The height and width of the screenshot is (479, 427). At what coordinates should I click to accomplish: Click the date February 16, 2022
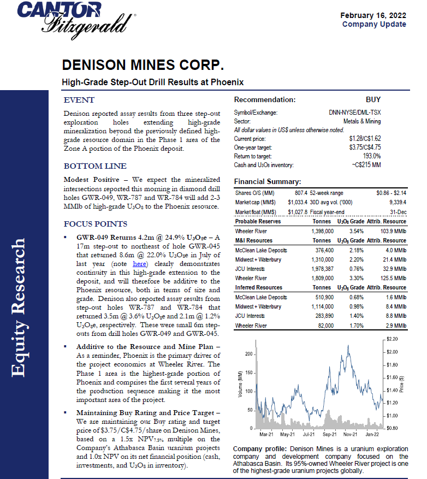point(373,15)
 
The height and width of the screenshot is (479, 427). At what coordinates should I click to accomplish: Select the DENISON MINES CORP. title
point(143,66)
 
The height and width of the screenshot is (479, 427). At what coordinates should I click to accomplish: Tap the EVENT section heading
point(79,100)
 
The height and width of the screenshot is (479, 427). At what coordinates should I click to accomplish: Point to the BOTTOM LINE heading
point(95,166)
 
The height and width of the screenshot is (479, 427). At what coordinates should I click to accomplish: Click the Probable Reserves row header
point(258,221)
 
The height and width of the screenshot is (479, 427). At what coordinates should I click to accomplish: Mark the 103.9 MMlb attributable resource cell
point(392,231)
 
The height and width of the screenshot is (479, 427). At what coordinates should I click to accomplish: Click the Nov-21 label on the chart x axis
point(350,434)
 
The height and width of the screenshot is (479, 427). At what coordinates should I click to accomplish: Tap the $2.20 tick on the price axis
point(392,339)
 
